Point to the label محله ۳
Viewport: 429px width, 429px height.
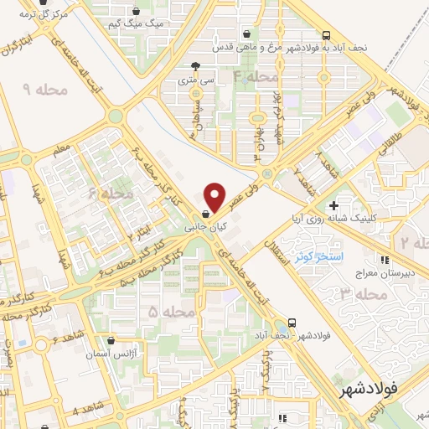(364, 294)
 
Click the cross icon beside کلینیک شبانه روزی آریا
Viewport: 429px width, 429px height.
(333, 205)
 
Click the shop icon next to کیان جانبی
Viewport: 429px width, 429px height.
(206, 214)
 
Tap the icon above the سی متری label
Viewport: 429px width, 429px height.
(195, 66)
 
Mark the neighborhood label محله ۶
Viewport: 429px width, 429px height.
(111, 194)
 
